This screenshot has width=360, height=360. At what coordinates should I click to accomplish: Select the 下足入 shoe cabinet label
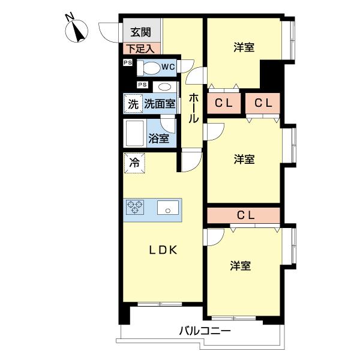click(142, 49)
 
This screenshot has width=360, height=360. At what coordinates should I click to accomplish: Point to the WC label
click(167, 67)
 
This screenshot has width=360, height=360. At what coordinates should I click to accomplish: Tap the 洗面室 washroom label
click(159, 103)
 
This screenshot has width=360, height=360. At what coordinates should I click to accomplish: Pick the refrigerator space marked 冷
click(134, 162)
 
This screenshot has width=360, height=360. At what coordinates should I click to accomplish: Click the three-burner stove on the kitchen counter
click(135, 208)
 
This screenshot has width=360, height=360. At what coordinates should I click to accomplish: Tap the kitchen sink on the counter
click(167, 209)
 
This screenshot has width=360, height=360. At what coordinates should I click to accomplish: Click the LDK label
click(162, 251)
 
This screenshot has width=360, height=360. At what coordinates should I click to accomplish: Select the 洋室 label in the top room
click(244, 47)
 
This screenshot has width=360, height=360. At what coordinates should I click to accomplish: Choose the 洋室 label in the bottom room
click(240, 265)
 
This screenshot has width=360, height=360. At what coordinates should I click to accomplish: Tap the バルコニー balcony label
click(205, 331)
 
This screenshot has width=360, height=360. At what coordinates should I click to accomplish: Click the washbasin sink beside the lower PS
click(164, 86)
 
